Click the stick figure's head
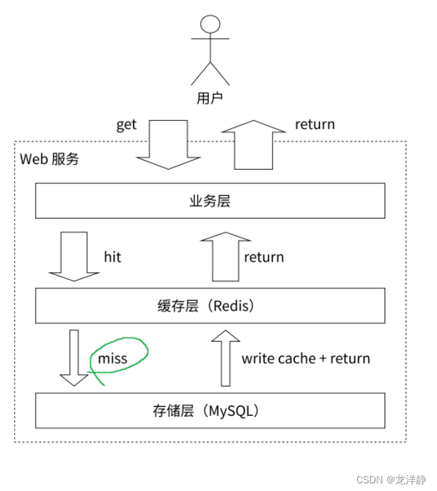pyautogui.click(x=210, y=25)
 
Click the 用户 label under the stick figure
pyautogui.click(x=209, y=98)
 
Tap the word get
pyautogui.click(x=126, y=125)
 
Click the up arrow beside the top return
pyautogui.click(x=253, y=144)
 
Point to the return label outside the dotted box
pyautogui.click(x=314, y=125)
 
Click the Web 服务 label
pyautogui.click(x=49, y=159)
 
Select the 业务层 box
pyautogui.click(x=210, y=201)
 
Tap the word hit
pyautogui.click(x=112, y=257)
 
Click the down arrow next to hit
pyautogui.click(x=74, y=257)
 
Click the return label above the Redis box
pyautogui.click(x=264, y=257)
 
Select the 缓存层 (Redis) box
pyautogui.click(x=210, y=306)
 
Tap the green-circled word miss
pyautogui.click(x=113, y=358)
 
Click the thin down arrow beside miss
pyautogui.click(x=73, y=358)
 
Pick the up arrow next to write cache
pyautogui.click(x=225, y=358)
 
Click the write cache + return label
pyautogui.click(x=305, y=358)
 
